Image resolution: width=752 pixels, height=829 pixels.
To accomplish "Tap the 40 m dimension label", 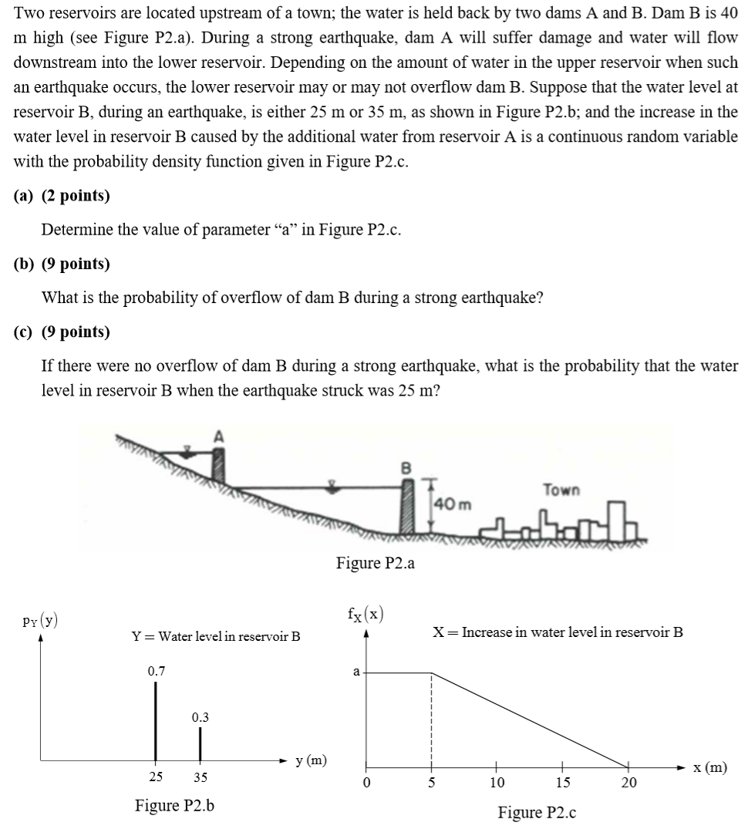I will [x=448, y=504].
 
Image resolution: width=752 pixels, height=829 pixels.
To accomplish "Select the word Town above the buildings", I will [x=561, y=490].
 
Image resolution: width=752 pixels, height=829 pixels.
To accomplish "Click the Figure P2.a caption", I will [x=376, y=563].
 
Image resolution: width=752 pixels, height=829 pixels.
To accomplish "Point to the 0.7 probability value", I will [x=156, y=671].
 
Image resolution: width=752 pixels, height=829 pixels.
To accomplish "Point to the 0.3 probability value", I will [x=200, y=717].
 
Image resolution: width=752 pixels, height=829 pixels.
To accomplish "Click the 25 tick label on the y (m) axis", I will [x=156, y=777].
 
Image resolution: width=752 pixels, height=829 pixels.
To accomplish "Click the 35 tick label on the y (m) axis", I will [x=200, y=777].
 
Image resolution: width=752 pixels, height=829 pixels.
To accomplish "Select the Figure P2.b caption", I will [x=174, y=806].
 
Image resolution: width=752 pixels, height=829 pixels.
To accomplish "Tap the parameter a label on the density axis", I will [x=356, y=672].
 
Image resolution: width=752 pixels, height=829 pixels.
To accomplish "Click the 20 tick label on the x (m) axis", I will [x=629, y=783].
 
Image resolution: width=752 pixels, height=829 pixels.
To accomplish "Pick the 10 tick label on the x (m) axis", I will [x=497, y=783].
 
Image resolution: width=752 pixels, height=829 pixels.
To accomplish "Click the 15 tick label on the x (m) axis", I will [x=563, y=783].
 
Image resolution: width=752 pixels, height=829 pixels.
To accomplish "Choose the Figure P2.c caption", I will [x=537, y=812].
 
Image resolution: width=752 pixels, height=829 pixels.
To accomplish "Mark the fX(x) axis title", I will [x=366, y=615].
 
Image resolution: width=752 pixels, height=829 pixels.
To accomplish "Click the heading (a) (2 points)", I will [x=62, y=196].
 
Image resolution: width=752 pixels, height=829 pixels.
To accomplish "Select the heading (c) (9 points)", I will [x=62, y=332].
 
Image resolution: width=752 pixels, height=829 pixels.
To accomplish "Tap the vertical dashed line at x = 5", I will [x=431, y=717].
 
